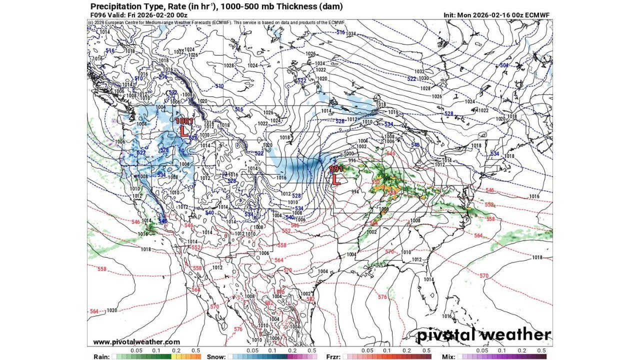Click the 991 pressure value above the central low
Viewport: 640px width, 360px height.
(x=336, y=169)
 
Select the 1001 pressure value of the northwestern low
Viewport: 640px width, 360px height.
(x=183, y=121)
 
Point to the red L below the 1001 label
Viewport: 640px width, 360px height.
(x=183, y=131)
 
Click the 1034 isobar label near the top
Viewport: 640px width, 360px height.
(x=351, y=34)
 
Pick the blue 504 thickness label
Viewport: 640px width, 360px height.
(x=504, y=65)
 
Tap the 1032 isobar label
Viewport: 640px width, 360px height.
(x=419, y=72)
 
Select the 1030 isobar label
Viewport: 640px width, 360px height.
(x=424, y=78)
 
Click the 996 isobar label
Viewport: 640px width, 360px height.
(x=352, y=160)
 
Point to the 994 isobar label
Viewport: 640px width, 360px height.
(x=355, y=191)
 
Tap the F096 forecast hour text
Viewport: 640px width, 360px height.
(x=98, y=15)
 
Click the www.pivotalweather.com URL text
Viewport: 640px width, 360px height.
(x=136, y=342)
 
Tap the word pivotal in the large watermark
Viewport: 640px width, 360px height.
(x=447, y=334)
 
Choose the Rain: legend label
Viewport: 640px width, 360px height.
(x=102, y=356)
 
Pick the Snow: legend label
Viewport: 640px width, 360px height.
(x=216, y=356)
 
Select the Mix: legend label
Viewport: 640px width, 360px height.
(x=448, y=356)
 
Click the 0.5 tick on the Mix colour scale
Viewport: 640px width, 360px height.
(x=541, y=351)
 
